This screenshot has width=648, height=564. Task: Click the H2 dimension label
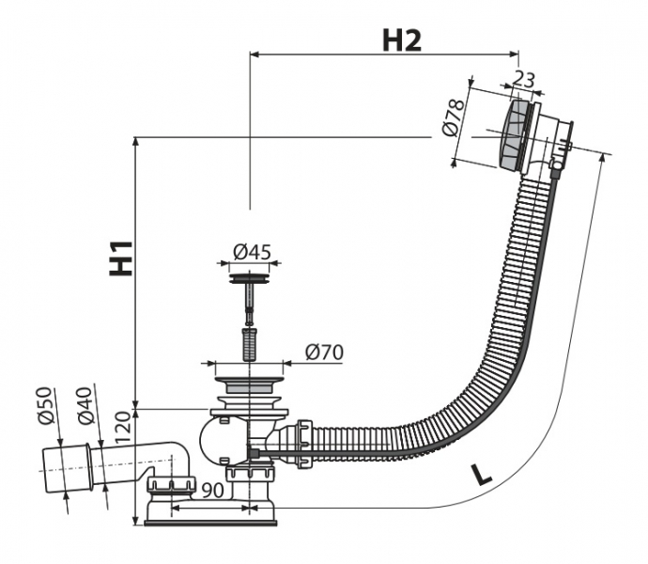(402, 40)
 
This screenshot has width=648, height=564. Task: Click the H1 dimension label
(121, 258)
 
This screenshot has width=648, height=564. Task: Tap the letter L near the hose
(481, 475)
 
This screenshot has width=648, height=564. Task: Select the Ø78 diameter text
(453, 117)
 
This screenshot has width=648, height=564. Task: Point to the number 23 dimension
(523, 79)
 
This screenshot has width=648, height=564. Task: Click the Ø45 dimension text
(252, 252)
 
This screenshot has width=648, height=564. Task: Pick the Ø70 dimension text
(324, 352)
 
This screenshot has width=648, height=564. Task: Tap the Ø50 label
(45, 405)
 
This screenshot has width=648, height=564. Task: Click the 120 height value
(122, 428)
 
